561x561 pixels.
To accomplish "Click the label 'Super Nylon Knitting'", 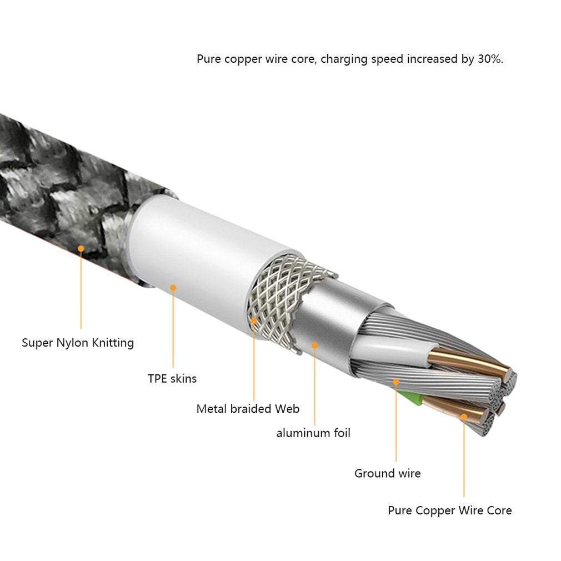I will (x=78, y=343).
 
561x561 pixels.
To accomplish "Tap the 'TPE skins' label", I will (x=172, y=379).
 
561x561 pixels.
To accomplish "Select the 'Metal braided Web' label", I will (x=248, y=409).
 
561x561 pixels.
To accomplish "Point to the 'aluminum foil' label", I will (x=313, y=433).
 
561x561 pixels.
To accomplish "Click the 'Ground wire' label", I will (x=387, y=473).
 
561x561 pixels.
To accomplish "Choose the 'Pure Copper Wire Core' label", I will (x=449, y=510).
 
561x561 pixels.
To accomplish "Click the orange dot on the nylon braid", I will (x=81, y=249).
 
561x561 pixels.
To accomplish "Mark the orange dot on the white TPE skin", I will (x=173, y=288).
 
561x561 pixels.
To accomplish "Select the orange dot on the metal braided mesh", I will (x=254, y=320).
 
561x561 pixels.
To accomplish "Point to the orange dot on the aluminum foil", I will (x=314, y=345).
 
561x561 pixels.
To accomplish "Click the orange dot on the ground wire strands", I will (x=396, y=382).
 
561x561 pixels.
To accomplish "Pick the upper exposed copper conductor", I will (x=467, y=361).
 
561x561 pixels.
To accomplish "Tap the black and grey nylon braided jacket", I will (x=61, y=183).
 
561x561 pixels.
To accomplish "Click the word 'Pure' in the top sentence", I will (x=209, y=59).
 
